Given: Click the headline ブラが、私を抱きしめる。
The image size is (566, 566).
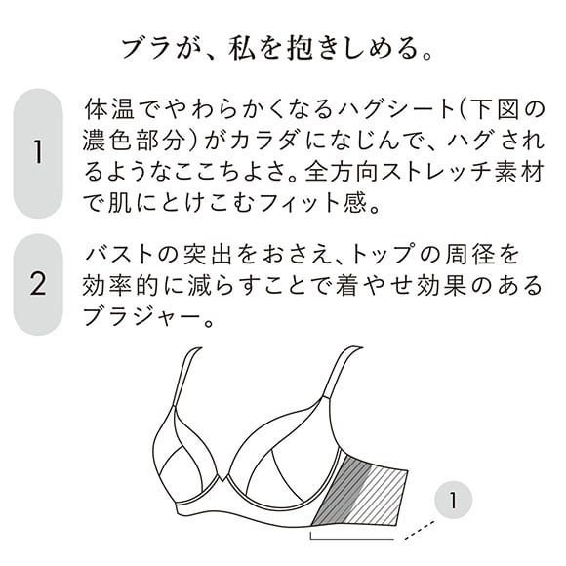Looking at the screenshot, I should [x=282, y=46].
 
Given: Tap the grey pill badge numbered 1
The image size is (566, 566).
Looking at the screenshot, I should [x=38, y=153].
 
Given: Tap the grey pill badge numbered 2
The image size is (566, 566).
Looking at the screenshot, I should [x=38, y=285].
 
